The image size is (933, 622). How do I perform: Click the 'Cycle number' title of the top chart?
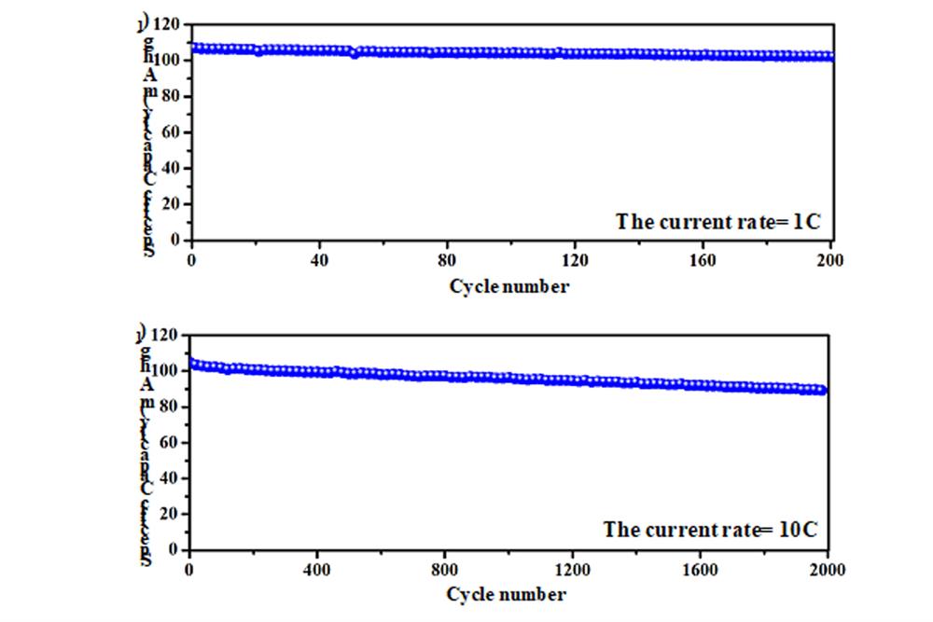[508, 286]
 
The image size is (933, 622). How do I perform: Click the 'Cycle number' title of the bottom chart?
[506, 594]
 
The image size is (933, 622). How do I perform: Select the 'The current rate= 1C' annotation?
[717, 222]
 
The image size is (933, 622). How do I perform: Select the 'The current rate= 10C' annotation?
[711, 530]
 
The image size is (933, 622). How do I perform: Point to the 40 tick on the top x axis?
[319, 259]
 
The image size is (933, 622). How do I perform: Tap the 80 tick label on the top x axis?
[447, 259]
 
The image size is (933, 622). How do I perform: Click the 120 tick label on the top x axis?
[575, 259]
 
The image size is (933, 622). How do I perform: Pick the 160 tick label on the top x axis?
[702, 259]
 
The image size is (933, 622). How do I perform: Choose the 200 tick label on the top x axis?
[829, 259]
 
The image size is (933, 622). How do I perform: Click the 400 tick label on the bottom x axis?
[317, 568]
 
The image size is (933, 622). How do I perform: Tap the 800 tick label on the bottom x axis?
[445, 568]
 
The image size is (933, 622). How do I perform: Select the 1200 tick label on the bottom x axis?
[572, 568]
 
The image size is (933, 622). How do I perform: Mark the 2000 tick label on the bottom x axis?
[827, 568]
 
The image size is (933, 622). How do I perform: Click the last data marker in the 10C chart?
[823, 391]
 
